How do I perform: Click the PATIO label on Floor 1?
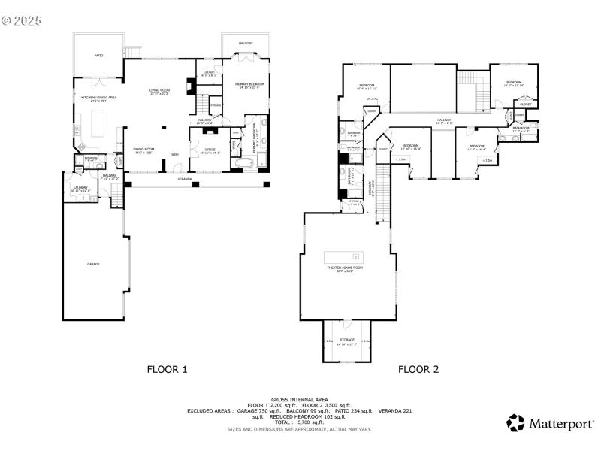(98, 56)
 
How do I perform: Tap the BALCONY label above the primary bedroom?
(246, 44)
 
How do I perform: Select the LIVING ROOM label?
(160, 92)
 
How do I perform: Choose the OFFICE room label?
(210, 150)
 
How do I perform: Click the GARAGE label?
(93, 264)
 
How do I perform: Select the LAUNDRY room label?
(80, 189)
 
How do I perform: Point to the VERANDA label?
(184, 179)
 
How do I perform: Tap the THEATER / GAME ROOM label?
(344, 269)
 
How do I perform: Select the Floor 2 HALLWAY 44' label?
(444, 120)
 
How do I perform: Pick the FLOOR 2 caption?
(418, 369)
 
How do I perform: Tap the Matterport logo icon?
(515, 423)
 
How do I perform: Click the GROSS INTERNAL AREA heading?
(300, 399)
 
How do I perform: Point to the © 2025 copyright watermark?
(21, 20)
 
